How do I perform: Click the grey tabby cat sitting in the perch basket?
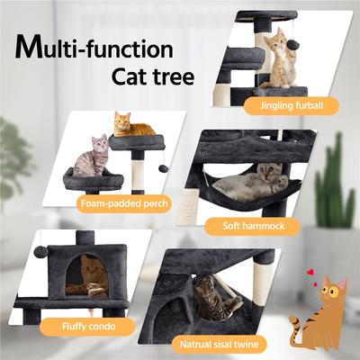click(x=93, y=157)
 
